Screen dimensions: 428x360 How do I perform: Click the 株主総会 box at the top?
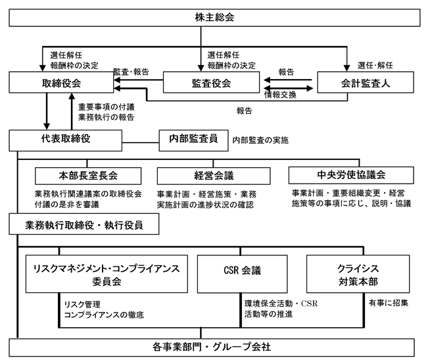214,18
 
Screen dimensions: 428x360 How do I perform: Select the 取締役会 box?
61,82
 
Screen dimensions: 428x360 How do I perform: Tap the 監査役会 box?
211,82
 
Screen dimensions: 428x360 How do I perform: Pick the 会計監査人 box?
366,82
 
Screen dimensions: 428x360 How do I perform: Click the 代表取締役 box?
66,140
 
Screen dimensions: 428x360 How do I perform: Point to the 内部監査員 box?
193,140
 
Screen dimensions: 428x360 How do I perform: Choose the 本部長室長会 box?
88,176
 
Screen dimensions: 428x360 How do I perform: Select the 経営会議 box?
214,176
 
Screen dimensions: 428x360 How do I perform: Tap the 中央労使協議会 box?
351,175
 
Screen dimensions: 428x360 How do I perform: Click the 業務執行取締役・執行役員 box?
84,224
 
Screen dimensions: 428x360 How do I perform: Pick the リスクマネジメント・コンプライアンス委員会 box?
107,274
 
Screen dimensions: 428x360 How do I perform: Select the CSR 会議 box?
243,274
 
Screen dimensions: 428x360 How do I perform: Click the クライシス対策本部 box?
358,274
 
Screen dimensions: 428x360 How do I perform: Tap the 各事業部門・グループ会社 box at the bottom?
212,347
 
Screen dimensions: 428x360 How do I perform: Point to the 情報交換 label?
280,95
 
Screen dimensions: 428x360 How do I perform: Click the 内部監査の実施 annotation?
260,140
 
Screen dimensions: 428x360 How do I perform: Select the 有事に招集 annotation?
389,303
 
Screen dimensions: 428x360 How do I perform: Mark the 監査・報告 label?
131,72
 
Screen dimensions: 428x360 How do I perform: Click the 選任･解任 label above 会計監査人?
375,65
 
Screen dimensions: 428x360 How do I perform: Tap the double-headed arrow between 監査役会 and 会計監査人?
288,88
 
